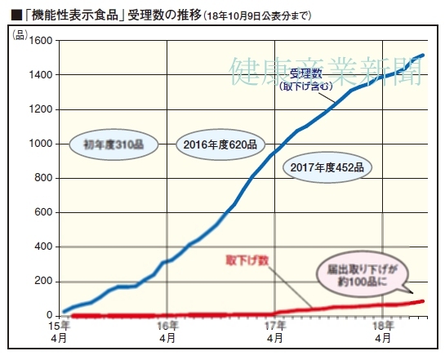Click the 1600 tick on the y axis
[40, 40]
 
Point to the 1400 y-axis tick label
[40, 75]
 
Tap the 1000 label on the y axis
[40, 144]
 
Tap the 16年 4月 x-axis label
[167, 331]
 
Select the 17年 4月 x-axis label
[275, 331]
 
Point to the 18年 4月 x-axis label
[382, 331]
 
